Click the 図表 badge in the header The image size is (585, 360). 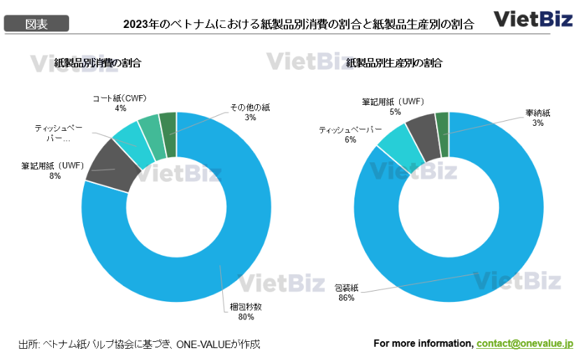tap(36, 24)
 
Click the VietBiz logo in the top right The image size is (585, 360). tap(534, 18)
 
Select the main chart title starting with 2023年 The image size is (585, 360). tap(298, 24)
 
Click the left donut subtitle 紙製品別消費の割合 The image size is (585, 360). tap(98, 63)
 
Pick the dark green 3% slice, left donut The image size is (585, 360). tap(168, 123)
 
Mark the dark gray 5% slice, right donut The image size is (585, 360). tap(421, 127)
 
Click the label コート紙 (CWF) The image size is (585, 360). tap(120, 99)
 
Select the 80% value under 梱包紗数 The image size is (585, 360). tap(245, 316)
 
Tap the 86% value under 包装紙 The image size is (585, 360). tap(345, 298)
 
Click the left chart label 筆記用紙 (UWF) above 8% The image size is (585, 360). tap(52, 166)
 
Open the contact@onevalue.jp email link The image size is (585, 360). tap(525, 343)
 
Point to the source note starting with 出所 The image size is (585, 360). tap(139, 344)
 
